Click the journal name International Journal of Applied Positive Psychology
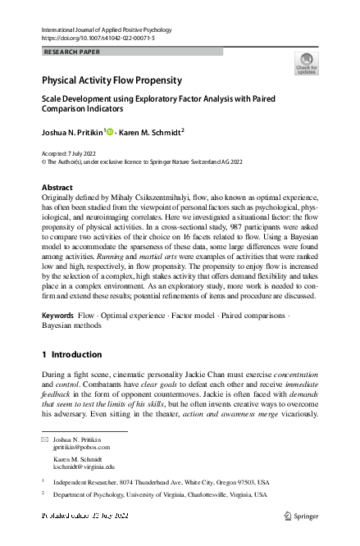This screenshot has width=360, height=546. click(x=97, y=30)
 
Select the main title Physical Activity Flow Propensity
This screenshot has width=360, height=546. click(x=112, y=80)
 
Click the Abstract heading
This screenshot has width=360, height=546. click(x=57, y=188)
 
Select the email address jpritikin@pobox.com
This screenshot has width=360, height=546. click(x=80, y=448)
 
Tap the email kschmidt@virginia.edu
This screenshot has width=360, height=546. click(x=84, y=466)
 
